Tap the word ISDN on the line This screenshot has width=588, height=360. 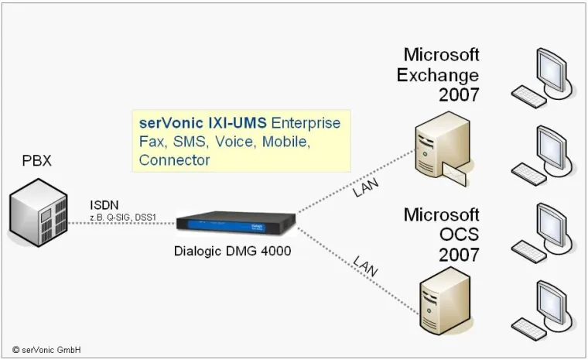(105, 204)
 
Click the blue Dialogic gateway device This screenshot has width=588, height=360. (237, 222)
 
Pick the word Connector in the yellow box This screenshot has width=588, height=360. (174, 160)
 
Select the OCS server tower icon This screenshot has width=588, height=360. (445, 298)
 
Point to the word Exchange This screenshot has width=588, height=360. (438, 75)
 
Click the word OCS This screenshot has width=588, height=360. (456, 234)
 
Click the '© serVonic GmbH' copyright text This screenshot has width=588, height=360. (46, 350)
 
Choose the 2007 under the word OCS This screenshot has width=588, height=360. (459, 254)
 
